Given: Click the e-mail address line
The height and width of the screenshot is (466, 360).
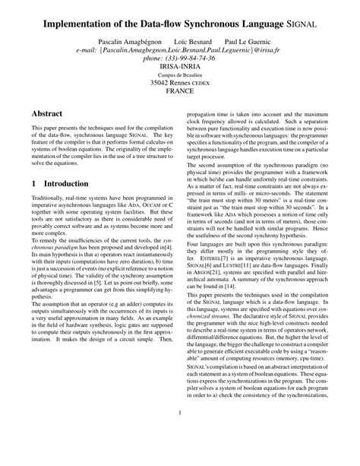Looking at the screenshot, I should click(x=179, y=49).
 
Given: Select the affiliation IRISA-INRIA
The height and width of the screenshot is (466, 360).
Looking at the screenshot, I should click(x=179, y=68).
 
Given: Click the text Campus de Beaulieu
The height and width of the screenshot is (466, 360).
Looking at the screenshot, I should click(x=179, y=77).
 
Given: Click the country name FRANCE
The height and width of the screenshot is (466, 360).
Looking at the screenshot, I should click(x=179, y=95).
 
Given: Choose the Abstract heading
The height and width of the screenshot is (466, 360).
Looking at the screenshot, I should click(x=47, y=113).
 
